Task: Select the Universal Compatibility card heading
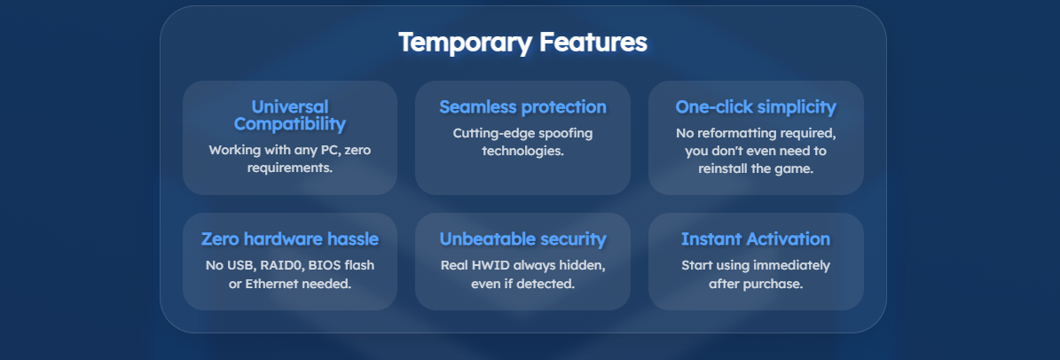(x=289, y=115)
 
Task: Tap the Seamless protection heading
(x=522, y=107)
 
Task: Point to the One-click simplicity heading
(x=756, y=107)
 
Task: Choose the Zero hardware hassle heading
(x=289, y=239)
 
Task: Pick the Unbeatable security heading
(x=522, y=239)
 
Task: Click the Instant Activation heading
(x=756, y=239)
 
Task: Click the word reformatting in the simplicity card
(x=735, y=133)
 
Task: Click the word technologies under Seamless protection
(x=522, y=151)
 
